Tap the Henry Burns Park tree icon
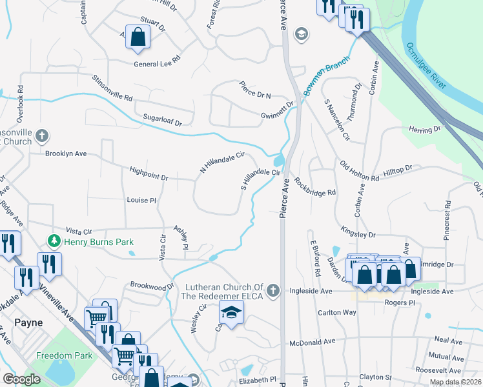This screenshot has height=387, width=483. pos(54,242)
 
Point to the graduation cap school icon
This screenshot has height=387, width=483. pos(229,312)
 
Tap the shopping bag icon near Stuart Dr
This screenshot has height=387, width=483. pos(138,37)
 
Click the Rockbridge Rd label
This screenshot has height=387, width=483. pos(316,186)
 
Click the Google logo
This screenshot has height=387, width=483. pos(22,379)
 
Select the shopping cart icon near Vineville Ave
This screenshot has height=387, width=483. pos(97,317)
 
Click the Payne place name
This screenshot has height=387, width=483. pos(28,322)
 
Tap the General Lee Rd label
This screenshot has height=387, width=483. pos(157,64)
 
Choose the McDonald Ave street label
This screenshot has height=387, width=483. pos(313,342)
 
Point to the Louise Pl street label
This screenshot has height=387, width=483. pos(141,201)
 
